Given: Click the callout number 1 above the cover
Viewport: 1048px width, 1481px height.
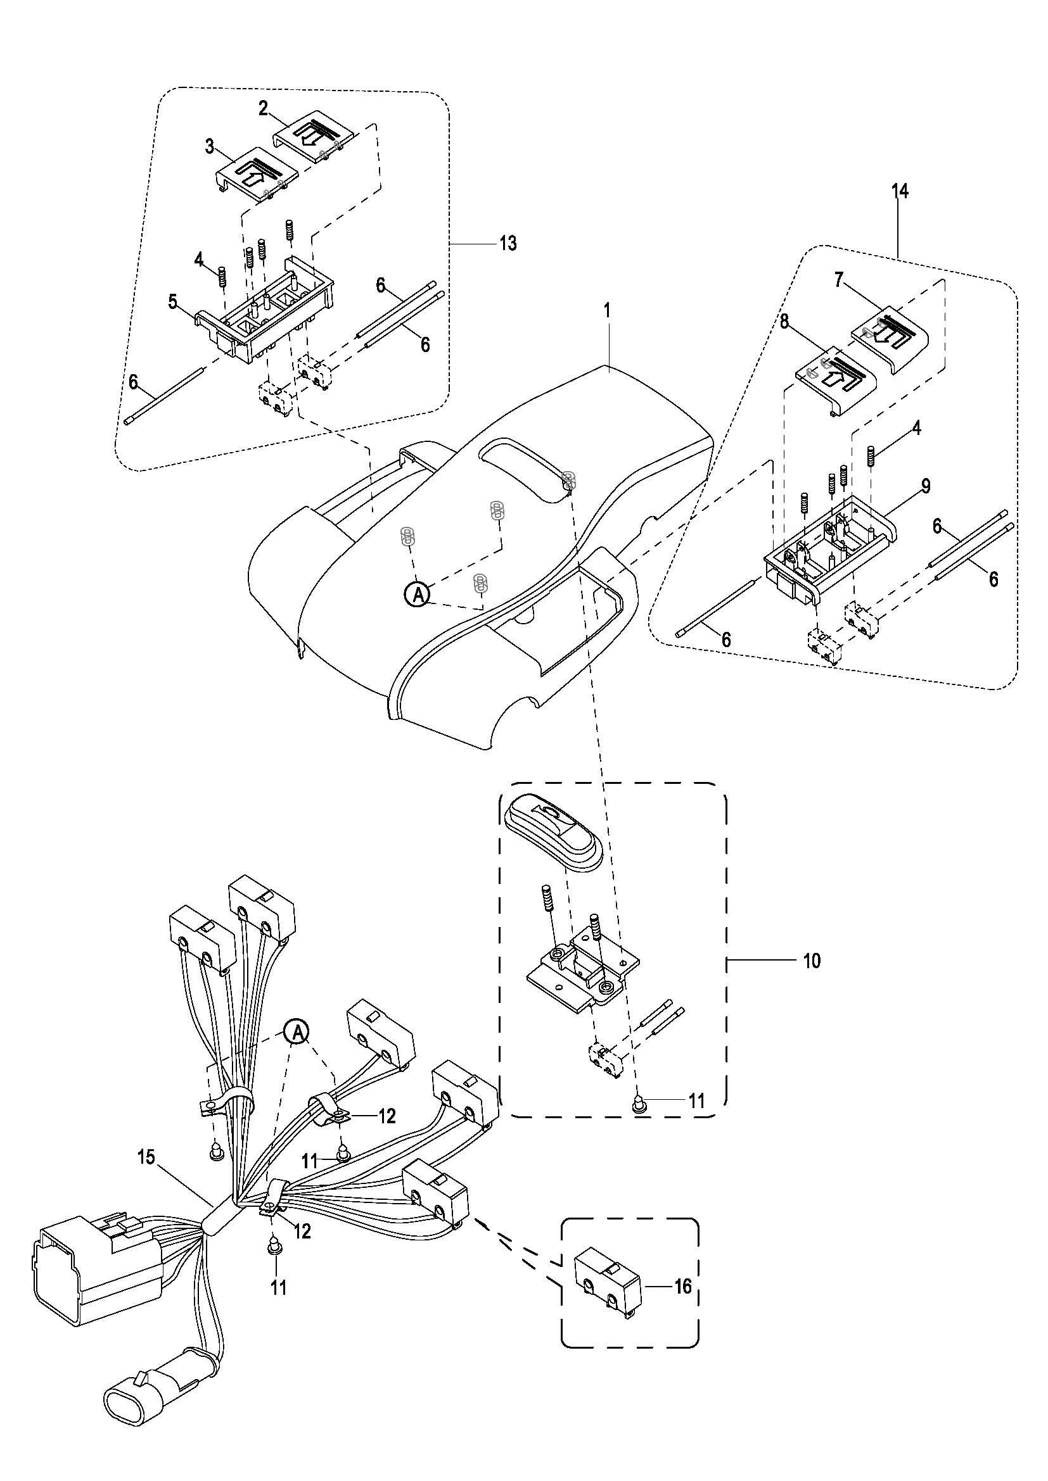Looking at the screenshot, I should tap(606, 310).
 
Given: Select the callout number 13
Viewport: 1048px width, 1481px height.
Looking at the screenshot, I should tap(508, 244).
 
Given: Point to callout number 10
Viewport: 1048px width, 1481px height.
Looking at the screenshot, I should tap(812, 979).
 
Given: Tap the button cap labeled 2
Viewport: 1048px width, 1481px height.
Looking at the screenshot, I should tap(315, 141).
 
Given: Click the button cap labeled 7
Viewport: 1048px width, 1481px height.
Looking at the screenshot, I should tap(892, 341).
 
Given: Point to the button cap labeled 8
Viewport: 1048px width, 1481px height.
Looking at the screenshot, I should tap(838, 386).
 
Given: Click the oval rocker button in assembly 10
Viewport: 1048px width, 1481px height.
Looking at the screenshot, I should tap(554, 831).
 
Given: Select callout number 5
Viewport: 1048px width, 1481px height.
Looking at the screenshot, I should tap(173, 302).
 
